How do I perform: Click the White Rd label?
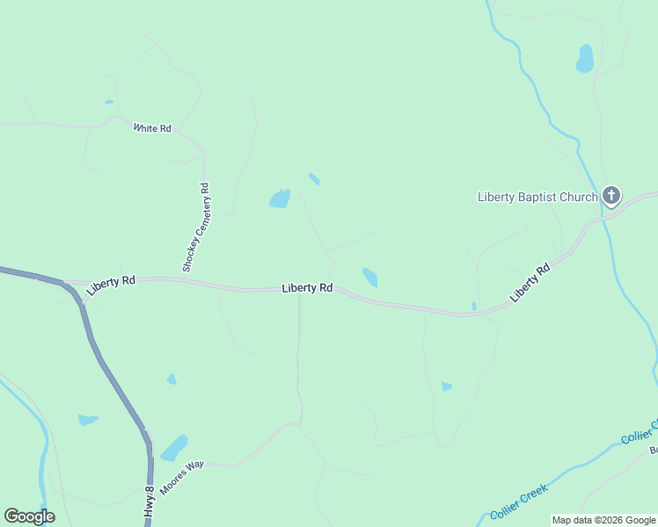point(152,128)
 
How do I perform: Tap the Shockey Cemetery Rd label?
point(196,227)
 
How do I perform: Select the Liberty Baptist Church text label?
point(537,197)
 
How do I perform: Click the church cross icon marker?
point(611,196)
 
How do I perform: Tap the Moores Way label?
point(182,475)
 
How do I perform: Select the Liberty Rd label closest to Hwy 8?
point(111,281)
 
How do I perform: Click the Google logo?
point(29,516)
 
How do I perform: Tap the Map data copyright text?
point(604,521)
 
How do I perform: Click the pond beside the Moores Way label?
point(173,448)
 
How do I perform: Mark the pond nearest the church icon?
point(584,59)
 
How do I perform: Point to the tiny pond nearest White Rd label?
point(109,102)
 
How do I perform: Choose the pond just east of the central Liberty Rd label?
point(370,278)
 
